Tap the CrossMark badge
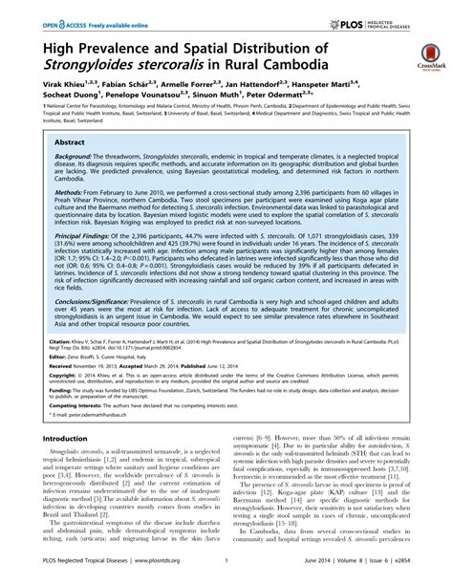click(x=427, y=55)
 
